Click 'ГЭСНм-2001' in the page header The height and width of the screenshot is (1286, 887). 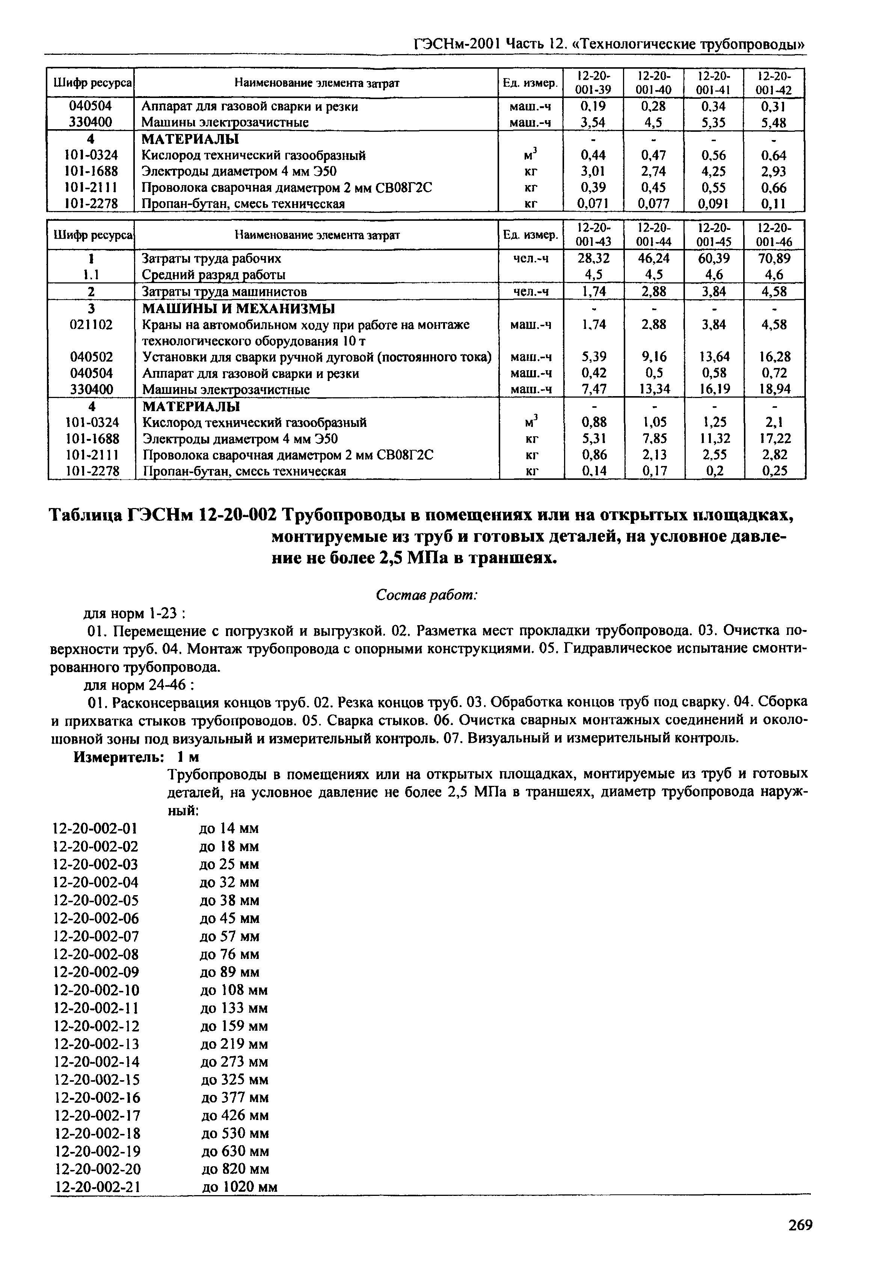point(457,44)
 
